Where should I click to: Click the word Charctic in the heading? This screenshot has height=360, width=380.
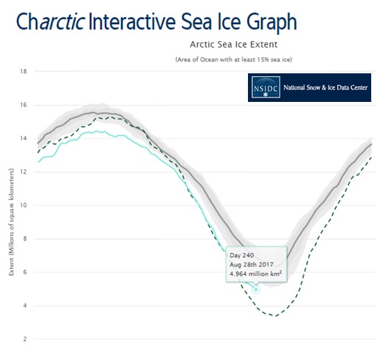coord(51,21)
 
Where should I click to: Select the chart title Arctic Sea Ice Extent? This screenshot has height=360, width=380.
coord(233,45)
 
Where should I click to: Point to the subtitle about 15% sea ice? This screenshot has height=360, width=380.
coord(233,59)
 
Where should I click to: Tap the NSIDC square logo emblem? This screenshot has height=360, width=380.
coord(266,87)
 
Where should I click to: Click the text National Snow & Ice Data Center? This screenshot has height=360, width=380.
coord(326,87)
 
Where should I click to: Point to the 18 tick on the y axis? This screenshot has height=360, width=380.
coord(23,71)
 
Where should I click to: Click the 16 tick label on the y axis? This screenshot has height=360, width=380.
coord(23,105)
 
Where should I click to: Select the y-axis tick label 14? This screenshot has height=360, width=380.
coord(23,139)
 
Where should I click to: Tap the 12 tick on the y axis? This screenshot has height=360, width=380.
coord(23,172)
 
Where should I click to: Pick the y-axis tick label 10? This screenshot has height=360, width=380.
coord(23,205)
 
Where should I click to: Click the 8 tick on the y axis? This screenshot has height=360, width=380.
coord(25,239)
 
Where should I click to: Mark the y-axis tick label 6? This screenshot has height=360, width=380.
coord(25,272)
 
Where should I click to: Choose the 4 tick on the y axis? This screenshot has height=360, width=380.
coord(25,306)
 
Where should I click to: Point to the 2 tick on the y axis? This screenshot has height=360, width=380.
coord(25,339)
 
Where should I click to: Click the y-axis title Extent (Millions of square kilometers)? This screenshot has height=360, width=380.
coord(12,222)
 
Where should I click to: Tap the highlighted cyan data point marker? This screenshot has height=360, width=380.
coord(256,290)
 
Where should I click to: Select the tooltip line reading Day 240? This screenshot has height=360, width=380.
coord(241,255)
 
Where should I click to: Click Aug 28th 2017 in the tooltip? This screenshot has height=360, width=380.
coord(252,265)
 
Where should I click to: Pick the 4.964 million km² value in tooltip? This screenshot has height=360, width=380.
coord(255,274)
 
